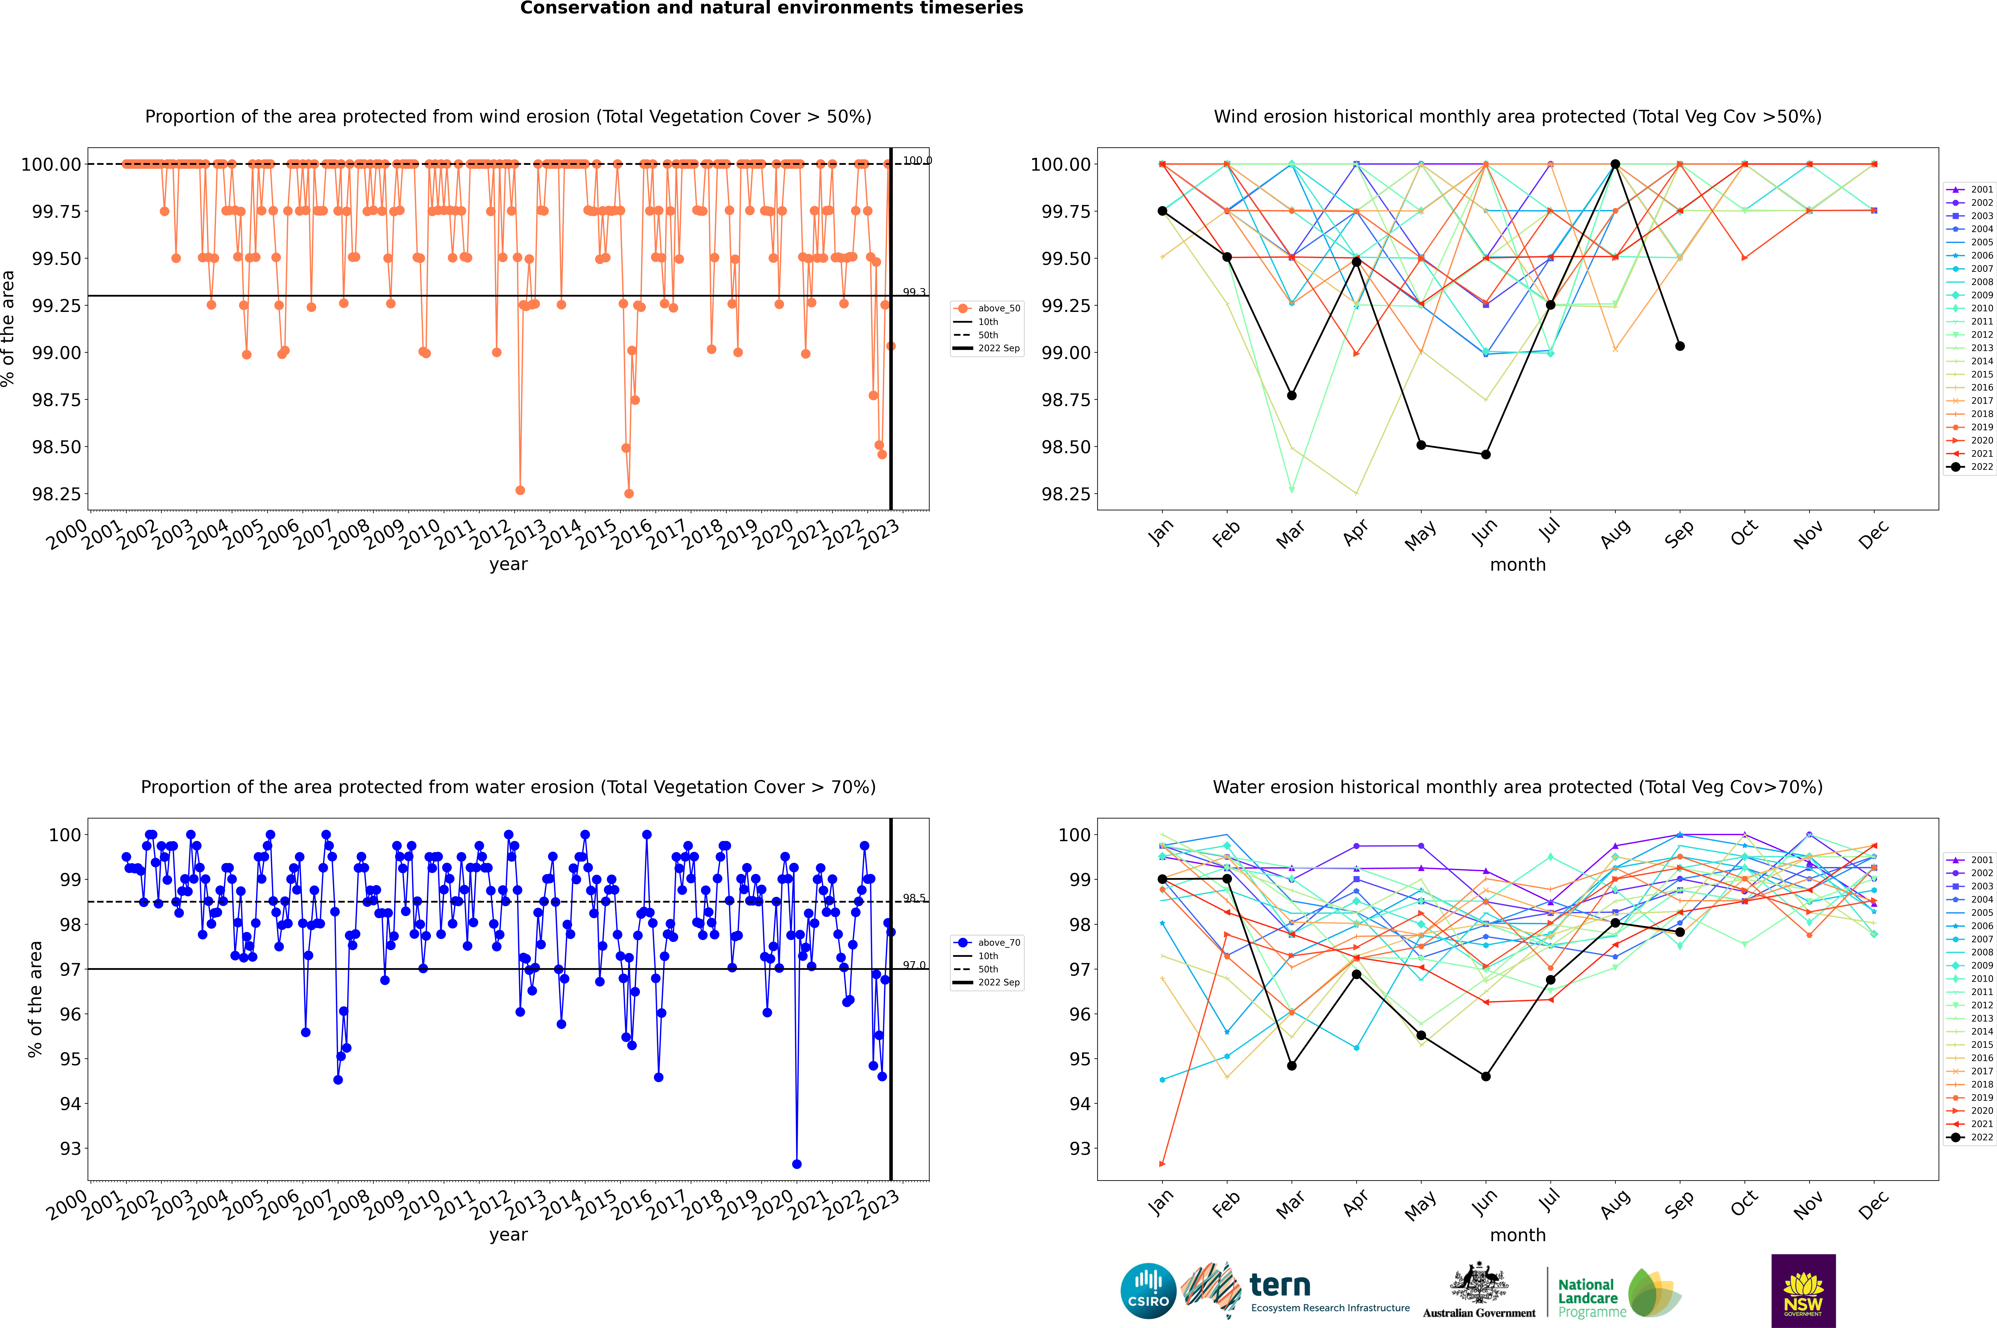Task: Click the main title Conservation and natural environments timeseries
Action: pyautogui.click(x=771, y=8)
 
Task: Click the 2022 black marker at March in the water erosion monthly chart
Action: pyautogui.click(x=1292, y=1065)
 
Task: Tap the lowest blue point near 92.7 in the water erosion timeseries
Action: pyautogui.click(x=797, y=1164)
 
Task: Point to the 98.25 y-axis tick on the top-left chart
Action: pyautogui.click(x=57, y=494)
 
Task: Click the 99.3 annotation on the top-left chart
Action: pyautogui.click(x=914, y=292)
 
